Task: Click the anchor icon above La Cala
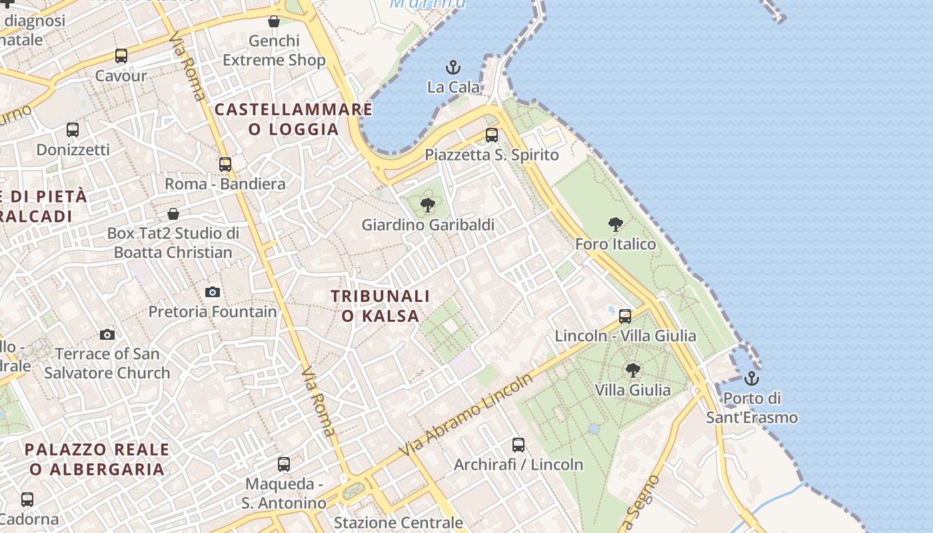[453, 67]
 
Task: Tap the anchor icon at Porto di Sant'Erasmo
[752, 378]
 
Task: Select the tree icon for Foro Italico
[616, 225]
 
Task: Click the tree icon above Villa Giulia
[632, 370]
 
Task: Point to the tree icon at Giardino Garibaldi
[428, 205]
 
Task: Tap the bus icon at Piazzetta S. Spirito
[492, 135]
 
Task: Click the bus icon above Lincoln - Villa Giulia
[625, 316]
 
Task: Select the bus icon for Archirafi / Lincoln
[518, 445]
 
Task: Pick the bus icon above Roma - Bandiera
[225, 164]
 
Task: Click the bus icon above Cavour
[121, 56]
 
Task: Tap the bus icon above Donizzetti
[73, 130]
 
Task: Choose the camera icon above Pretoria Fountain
[213, 292]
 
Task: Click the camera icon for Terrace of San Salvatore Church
[107, 334]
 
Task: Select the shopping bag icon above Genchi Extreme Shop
[274, 22]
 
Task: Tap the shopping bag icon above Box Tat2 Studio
[173, 214]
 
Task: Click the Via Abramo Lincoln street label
[467, 414]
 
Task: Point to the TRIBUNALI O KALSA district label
[381, 305]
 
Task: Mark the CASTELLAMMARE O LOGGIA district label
[294, 119]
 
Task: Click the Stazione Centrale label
[399, 522]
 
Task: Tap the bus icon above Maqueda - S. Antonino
[284, 464]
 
